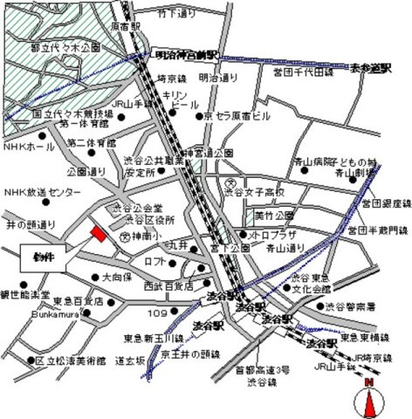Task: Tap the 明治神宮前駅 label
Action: click(x=180, y=55)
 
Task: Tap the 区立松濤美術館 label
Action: click(x=66, y=360)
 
